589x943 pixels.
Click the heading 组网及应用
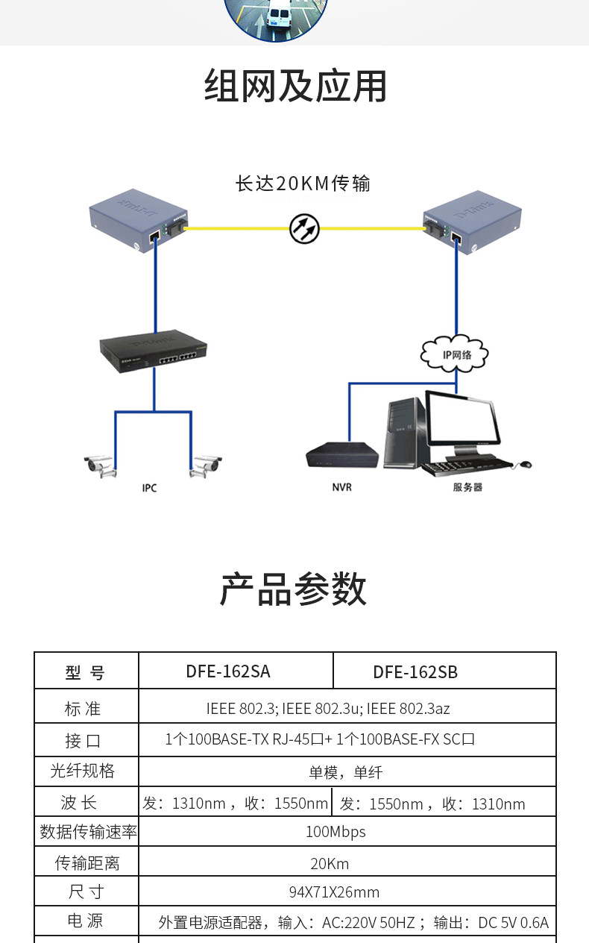pos(295,86)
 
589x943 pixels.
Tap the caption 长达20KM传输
pos(303,184)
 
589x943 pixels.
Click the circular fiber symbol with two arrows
pos(305,228)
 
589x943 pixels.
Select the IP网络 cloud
pos(455,354)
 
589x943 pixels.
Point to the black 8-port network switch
pos(153,350)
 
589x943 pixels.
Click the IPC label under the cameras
pos(149,488)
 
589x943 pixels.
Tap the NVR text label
pos(341,487)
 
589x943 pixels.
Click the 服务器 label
pos(467,487)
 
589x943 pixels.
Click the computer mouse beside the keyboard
pos(526,464)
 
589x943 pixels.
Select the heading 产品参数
pos(293,589)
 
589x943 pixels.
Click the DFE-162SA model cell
pos(228,671)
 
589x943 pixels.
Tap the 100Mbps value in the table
pos(336,832)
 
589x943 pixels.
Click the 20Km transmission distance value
pos(330,864)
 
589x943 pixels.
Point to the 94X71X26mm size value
pos(334,892)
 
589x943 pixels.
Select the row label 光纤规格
pos(83,771)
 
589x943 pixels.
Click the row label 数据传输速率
pos(88,832)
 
